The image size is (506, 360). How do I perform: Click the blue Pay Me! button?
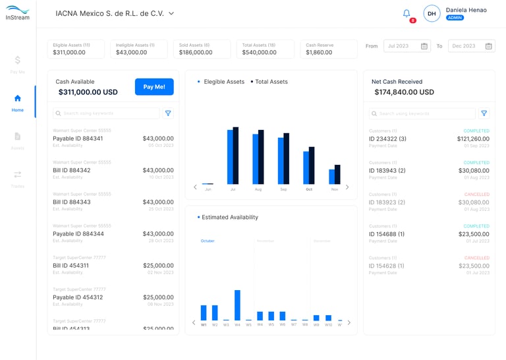(154, 87)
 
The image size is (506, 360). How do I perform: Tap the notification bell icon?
(407, 13)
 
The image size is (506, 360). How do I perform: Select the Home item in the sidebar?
(18, 103)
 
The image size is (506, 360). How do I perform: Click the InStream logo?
(18, 13)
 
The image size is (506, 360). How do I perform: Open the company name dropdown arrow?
(171, 13)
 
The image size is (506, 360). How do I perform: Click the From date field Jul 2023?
(407, 46)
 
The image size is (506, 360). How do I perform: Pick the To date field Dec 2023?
(470, 46)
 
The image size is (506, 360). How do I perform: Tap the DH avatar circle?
(432, 13)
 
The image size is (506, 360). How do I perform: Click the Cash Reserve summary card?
(329, 49)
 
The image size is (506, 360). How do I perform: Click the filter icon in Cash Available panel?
(168, 113)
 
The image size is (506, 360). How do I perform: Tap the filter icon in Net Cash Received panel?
(484, 113)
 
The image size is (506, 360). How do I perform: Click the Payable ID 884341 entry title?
(78, 138)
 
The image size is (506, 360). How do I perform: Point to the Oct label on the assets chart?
(309, 189)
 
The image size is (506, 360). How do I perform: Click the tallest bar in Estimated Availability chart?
(237, 305)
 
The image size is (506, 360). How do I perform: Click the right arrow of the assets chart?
(347, 187)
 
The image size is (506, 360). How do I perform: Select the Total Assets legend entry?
(270, 82)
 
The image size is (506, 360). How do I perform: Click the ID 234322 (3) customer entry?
(387, 139)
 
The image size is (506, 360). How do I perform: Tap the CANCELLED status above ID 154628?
(477, 258)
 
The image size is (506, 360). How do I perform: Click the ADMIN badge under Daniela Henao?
(455, 18)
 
